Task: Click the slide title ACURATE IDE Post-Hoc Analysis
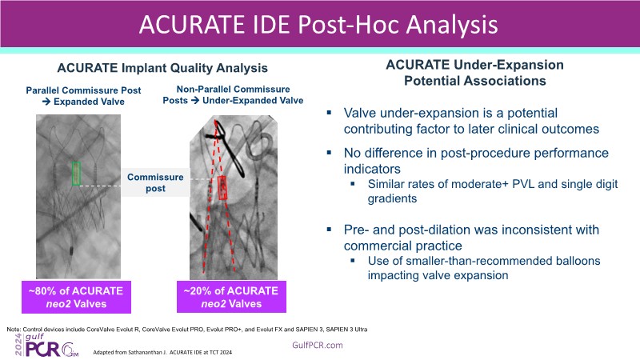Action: (318, 25)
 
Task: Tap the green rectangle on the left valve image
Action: (76, 174)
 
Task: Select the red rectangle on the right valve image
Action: (222, 188)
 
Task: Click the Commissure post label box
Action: (155, 182)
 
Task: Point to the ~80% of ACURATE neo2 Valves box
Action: (76, 297)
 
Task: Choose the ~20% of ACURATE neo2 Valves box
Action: (231, 297)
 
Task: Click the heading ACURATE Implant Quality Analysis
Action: (162, 68)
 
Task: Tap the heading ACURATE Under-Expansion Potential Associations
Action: (474, 73)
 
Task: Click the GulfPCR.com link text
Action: (318, 346)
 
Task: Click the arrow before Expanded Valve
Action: (46, 102)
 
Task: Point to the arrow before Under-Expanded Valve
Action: (195, 101)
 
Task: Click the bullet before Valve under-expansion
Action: (329, 112)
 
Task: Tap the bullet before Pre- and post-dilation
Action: (329, 230)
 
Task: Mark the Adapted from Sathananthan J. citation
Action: (162, 352)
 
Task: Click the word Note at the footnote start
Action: (14, 330)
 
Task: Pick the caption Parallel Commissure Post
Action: (83, 90)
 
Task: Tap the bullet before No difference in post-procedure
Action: (329, 152)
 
